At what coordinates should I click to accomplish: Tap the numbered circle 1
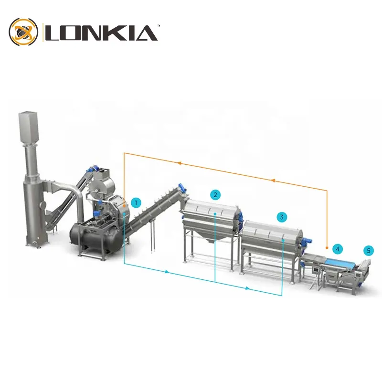pyautogui.click(x=137, y=203)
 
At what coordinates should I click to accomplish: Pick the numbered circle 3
pyautogui.click(x=282, y=217)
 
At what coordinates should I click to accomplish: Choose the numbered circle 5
pyautogui.click(x=368, y=250)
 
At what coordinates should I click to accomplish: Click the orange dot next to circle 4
pyautogui.click(x=327, y=249)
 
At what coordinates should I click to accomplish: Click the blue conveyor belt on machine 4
pyautogui.click(x=340, y=262)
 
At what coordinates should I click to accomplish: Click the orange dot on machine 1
pyautogui.click(x=124, y=204)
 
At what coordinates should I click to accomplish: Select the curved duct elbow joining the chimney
pyautogui.click(x=72, y=189)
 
